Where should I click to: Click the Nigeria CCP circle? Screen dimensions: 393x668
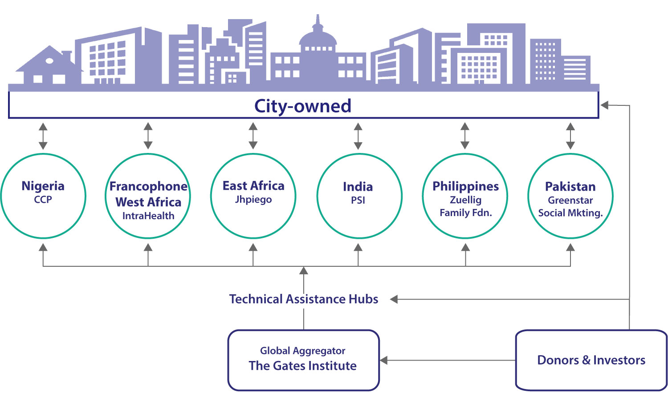click(43, 196)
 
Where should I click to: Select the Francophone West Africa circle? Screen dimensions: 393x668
click(148, 196)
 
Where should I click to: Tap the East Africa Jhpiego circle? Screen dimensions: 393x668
click(253, 196)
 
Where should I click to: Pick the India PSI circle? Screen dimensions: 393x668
click(358, 196)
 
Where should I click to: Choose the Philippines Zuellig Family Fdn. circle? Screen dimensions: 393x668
click(465, 196)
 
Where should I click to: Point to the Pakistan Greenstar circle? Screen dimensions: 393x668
click(570, 196)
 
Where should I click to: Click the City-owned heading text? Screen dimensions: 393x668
click(303, 106)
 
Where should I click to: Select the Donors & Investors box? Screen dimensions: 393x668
click(591, 360)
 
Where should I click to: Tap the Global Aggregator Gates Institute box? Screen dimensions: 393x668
click(303, 360)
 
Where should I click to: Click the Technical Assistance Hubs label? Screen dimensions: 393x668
click(304, 299)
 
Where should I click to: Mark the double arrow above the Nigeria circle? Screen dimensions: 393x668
click(43, 136)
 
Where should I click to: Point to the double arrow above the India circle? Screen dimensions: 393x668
click(358, 136)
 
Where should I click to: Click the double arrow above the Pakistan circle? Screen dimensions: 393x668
click(570, 136)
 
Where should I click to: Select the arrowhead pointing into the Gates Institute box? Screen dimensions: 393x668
click(384, 360)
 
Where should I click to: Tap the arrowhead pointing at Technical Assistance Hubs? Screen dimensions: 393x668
click(394, 299)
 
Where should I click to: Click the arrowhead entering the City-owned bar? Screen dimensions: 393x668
click(604, 105)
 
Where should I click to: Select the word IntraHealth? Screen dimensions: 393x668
click(148, 216)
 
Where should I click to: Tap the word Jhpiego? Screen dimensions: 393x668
click(253, 200)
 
